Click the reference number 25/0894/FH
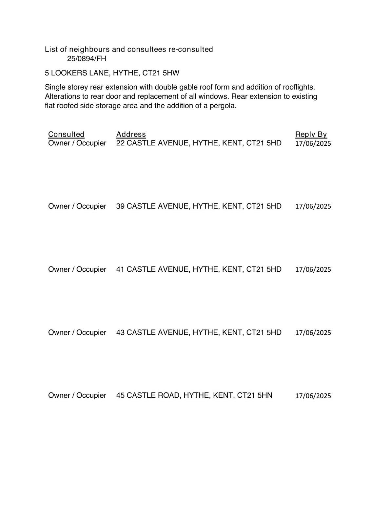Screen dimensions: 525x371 (x=87, y=59)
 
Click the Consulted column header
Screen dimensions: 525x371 (x=66, y=134)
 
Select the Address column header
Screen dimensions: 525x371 (x=131, y=134)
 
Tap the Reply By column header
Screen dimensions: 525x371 (x=311, y=134)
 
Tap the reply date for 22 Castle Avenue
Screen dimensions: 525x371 (x=313, y=143)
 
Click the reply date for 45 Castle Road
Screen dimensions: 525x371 (x=313, y=396)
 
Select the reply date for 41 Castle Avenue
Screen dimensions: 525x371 (x=313, y=269)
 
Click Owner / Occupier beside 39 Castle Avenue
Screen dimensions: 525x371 (x=77, y=206)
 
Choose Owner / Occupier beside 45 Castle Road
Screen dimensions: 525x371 (x=77, y=395)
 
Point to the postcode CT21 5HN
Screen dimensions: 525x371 (x=255, y=395)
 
